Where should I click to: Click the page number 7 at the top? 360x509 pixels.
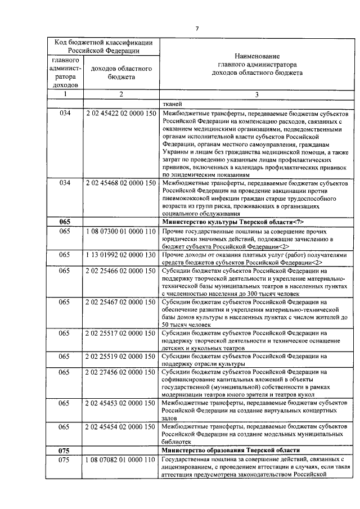(197, 29)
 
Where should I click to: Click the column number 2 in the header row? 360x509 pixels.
(121, 94)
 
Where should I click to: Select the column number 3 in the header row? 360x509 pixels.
(256, 94)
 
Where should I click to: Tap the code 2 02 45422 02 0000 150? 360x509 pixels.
(121, 113)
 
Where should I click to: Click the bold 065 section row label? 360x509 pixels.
(65, 222)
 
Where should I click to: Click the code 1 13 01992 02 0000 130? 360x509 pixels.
(121, 255)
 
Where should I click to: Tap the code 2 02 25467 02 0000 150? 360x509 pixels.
(121, 302)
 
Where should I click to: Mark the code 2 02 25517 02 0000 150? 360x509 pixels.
(121, 334)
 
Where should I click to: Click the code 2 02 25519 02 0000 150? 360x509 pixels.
(121, 357)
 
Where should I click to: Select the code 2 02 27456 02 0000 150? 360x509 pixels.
(121, 372)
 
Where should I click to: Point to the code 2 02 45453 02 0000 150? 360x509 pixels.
(121, 403)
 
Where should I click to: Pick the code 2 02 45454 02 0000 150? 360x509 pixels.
(121, 427)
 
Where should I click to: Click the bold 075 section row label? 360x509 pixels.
(65, 450)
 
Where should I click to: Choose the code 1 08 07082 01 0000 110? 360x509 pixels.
(121, 460)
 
